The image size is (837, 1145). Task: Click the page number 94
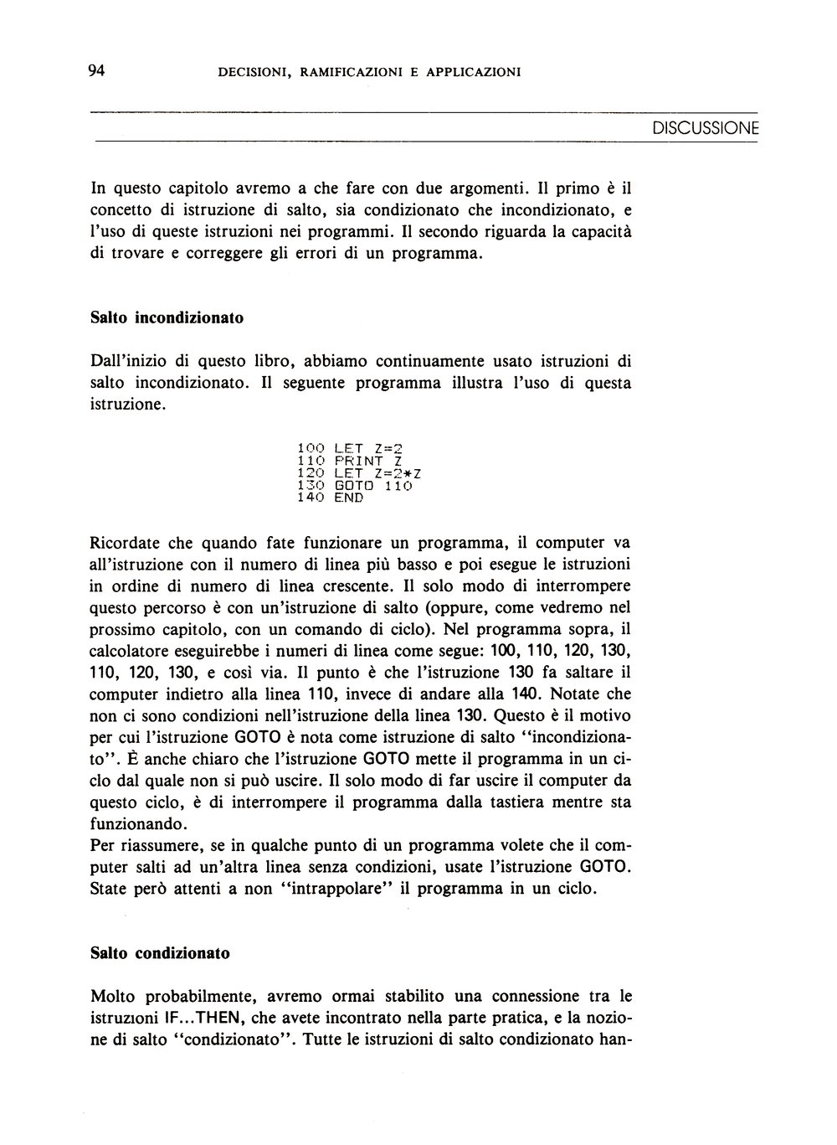coord(95,71)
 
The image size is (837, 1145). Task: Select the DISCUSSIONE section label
coord(705,129)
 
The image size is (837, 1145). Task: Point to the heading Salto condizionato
coord(159,953)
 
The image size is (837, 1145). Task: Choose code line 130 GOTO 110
coord(355,486)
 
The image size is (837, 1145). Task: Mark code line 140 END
coord(331,498)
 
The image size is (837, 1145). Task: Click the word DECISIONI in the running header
coord(254,73)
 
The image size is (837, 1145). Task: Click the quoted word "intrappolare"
coord(330,889)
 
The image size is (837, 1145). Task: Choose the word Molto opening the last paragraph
coord(115,997)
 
